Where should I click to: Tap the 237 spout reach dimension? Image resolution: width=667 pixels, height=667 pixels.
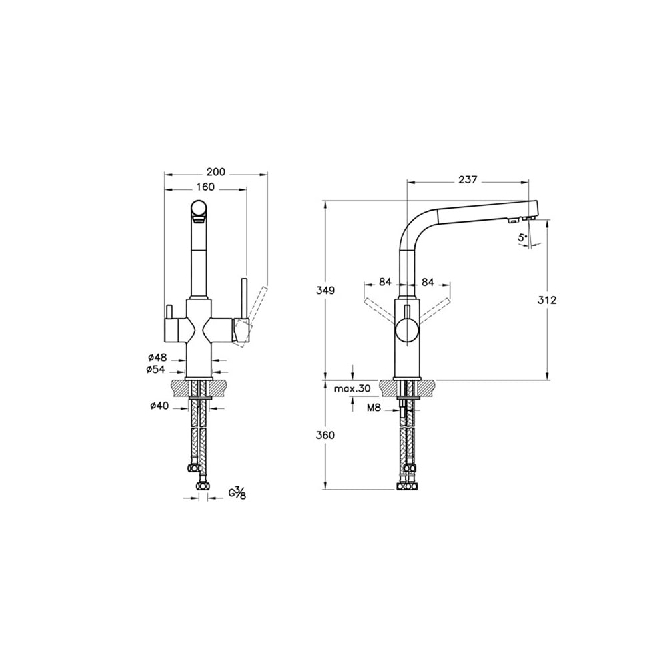point(468,179)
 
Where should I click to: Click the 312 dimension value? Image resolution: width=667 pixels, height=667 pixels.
point(547,300)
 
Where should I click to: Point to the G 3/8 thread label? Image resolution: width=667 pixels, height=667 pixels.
point(237,494)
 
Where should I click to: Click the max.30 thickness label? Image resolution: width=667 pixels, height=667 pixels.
point(352,388)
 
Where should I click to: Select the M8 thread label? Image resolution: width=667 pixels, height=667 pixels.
point(373,406)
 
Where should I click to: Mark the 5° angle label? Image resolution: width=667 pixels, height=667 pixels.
point(522,237)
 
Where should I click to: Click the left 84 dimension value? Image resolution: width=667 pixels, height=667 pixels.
point(385,282)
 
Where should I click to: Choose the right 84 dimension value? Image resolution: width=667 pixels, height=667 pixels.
point(428,282)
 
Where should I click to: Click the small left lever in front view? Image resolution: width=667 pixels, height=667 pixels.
point(169,312)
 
